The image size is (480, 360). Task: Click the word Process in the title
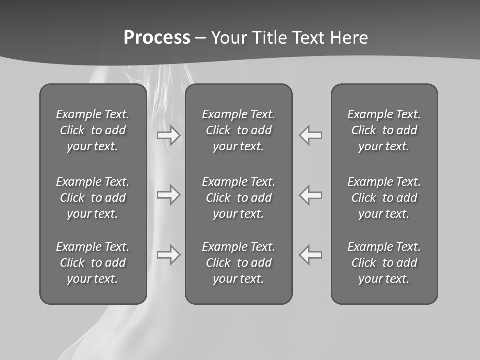(157, 38)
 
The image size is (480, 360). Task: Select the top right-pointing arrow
(169, 135)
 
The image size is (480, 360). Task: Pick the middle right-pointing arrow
(169, 195)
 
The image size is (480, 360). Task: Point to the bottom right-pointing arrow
(169, 255)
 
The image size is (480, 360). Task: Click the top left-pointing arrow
(311, 135)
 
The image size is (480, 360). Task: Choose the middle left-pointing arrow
(311, 195)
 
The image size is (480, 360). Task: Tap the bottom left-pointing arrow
(311, 255)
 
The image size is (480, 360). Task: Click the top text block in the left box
(93, 130)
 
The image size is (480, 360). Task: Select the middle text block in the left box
(93, 198)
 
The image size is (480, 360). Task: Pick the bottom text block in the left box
(93, 263)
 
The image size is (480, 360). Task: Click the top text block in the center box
(238, 130)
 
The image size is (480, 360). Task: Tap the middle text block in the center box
(238, 198)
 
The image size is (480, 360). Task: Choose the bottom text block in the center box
(238, 263)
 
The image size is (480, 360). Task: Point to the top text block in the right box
(384, 130)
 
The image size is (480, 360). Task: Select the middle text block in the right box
(384, 198)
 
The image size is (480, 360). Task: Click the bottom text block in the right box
(384, 263)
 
